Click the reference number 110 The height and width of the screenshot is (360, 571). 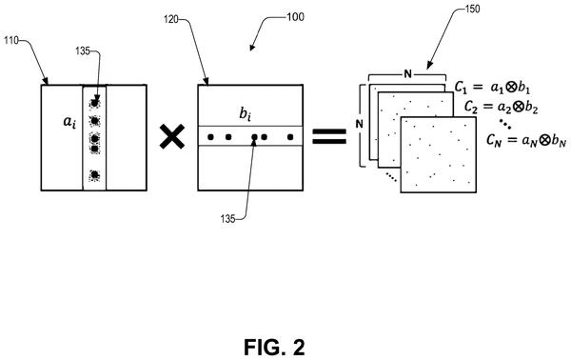coord(10,40)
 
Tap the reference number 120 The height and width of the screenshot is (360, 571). coord(170,19)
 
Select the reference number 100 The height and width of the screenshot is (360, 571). coord(295,17)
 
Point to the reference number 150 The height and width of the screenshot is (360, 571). coord(472,9)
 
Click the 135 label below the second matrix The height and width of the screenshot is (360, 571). coord(227,219)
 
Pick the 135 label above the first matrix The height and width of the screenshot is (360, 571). coord(83,51)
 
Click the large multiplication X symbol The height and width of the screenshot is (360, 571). coord(172,136)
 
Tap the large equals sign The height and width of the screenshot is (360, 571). coord(329,136)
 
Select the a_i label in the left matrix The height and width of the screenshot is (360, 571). coord(69,122)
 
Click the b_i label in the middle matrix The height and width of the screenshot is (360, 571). coord(246,114)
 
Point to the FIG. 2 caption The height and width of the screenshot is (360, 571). coord(275,347)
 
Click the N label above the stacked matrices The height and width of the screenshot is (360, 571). coord(408,74)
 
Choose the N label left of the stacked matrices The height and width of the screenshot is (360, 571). coord(360,124)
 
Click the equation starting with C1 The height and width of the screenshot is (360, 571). coord(492,88)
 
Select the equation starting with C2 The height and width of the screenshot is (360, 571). coord(502,107)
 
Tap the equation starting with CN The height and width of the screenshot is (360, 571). coord(526,140)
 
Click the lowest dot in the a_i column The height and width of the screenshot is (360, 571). coord(94,175)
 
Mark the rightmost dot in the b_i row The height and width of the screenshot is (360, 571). coord(290,137)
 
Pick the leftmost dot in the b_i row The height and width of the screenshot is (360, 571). coord(210,137)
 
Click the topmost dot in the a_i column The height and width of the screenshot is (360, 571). coord(94,103)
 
